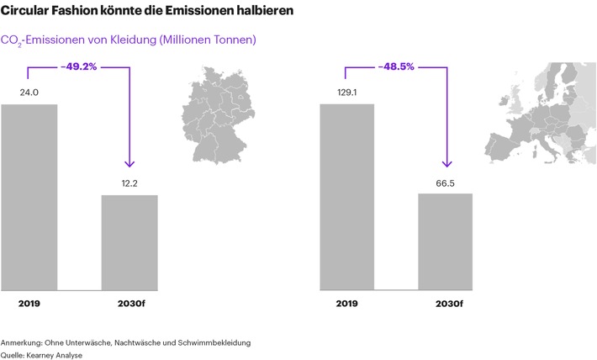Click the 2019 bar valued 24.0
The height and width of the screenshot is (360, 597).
click(29, 197)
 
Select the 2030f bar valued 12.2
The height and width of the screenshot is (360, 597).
click(129, 242)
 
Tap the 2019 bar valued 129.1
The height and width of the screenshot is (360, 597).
click(346, 197)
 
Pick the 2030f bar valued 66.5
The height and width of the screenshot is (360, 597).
click(446, 241)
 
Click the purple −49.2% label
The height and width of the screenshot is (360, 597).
click(79, 66)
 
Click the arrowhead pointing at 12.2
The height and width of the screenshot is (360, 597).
click(129, 163)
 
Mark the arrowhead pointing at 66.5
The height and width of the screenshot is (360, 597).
click(446, 163)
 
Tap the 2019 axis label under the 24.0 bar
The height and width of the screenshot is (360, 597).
click(29, 303)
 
